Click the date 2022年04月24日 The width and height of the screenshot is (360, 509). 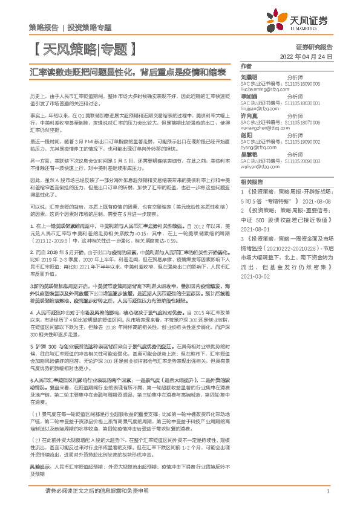(x=307, y=57)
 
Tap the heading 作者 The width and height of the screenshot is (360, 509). (x=246, y=66)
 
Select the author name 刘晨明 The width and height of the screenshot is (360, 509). (x=250, y=77)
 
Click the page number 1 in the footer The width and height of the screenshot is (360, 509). (x=327, y=492)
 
